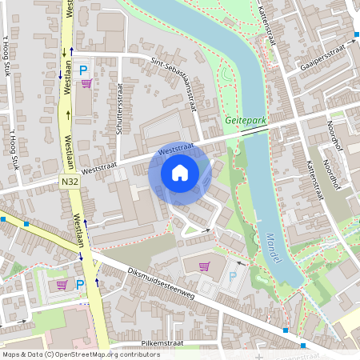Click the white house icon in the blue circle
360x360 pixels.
coord(180,172)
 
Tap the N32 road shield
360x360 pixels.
coord(70,182)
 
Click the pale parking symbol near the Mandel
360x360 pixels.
coord(233,276)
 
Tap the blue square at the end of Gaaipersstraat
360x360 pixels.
coord(356,35)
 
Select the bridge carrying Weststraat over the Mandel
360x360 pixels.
coord(254,130)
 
